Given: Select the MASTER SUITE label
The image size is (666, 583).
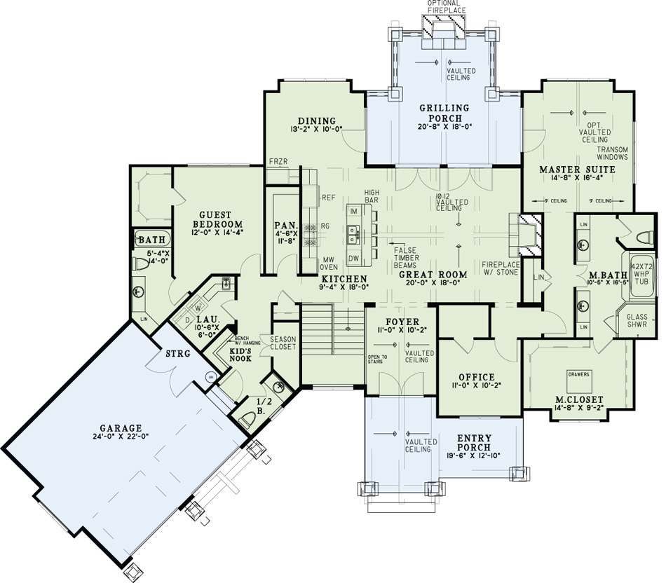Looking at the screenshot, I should tap(577, 170).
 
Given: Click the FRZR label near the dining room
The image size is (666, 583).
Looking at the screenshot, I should tap(278, 162).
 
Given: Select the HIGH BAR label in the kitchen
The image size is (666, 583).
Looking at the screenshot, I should tap(372, 196).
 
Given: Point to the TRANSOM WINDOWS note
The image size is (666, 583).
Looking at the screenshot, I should tap(612, 154).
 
